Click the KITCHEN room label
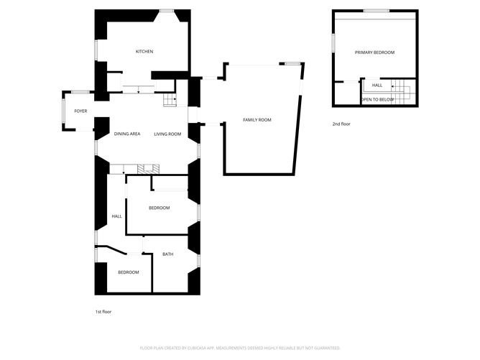pyautogui.click(x=145, y=52)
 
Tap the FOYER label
pyautogui.click(x=80, y=111)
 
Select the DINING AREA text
pyautogui.click(x=126, y=134)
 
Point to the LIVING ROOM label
pyautogui.click(x=167, y=134)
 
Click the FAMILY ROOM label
pyautogui.click(x=257, y=119)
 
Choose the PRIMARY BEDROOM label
pyautogui.click(x=374, y=52)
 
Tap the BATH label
pyautogui.click(x=167, y=254)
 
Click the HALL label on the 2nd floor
pyautogui.click(x=377, y=86)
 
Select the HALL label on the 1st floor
pyautogui.click(x=116, y=216)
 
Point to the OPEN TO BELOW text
pyautogui.click(x=377, y=99)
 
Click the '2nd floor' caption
pyautogui.click(x=341, y=124)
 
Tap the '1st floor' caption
pyautogui.click(x=103, y=312)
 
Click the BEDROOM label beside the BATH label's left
pyautogui.click(x=128, y=272)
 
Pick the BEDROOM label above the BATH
pyautogui.click(x=159, y=208)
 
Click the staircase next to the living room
pyautogui.click(x=169, y=101)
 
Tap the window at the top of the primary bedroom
pyautogui.click(x=376, y=11)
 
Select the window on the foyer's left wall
pyautogui.click(x=64, y=111)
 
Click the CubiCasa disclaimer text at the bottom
pyautogui.click(x=240, y=347)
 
